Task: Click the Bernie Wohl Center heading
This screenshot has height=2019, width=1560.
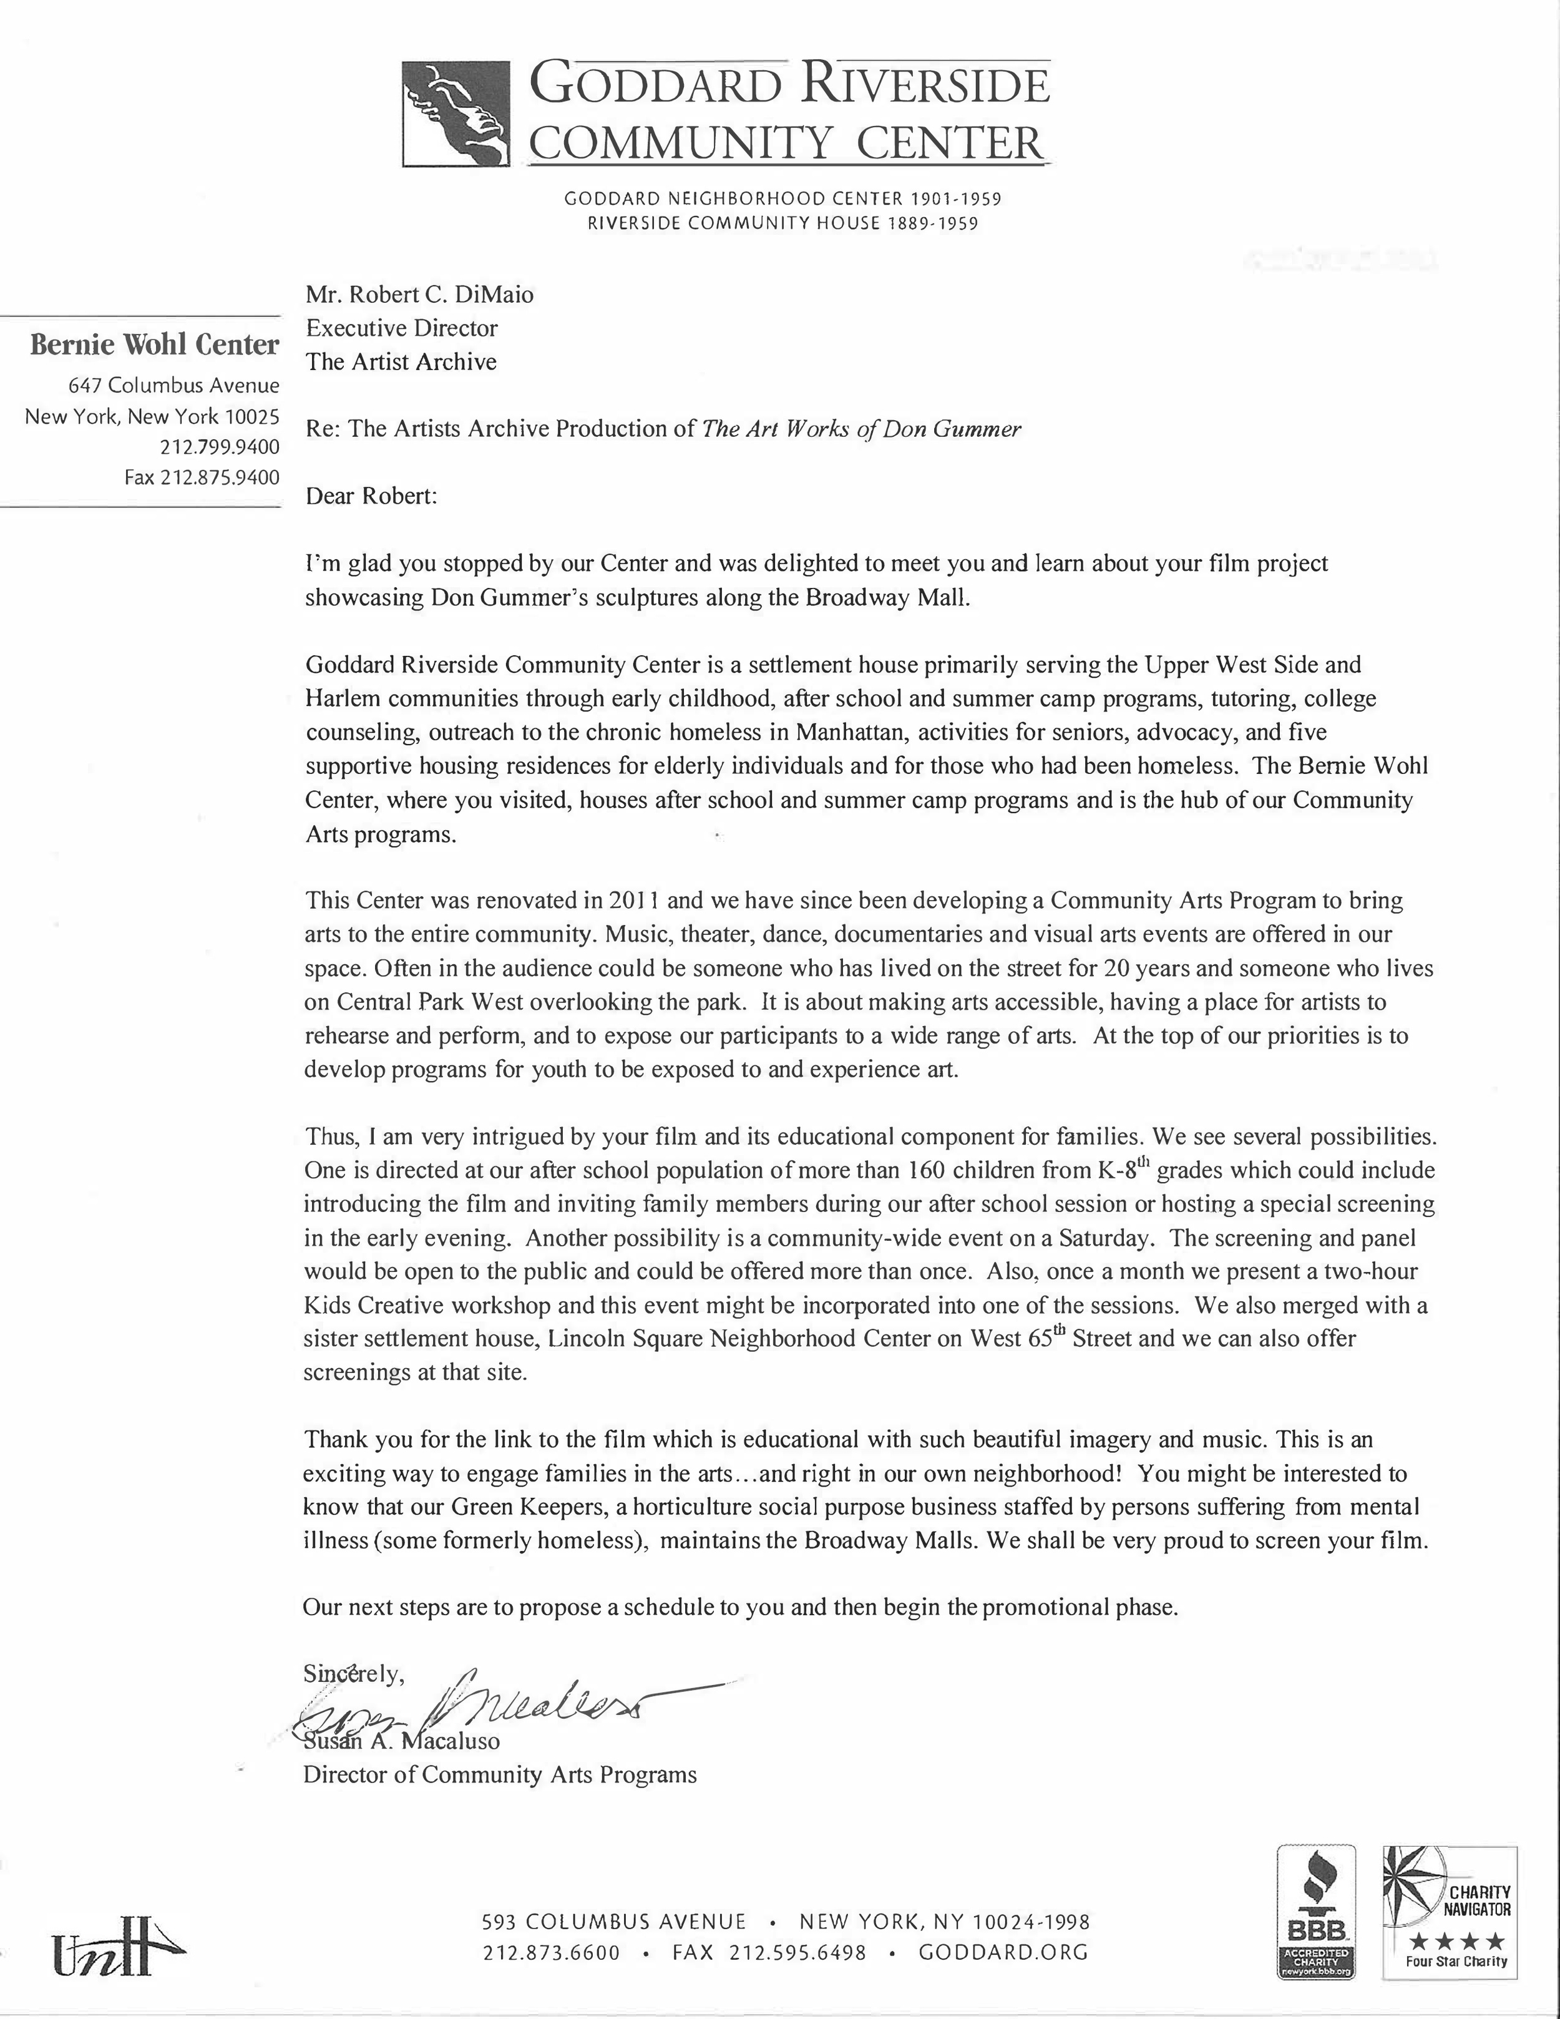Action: pyautogui.click(x=154, y=345)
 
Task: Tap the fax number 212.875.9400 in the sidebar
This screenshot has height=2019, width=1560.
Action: pyautogui.click(x=202, y=477)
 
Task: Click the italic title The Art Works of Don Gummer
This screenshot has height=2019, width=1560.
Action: pyautogui.click(x=861, y=429)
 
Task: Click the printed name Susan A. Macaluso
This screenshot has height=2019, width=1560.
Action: pyautogui.click(x=402, y=1741)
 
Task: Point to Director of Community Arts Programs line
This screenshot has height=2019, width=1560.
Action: pyautogui.click(x=500, y=1775)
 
